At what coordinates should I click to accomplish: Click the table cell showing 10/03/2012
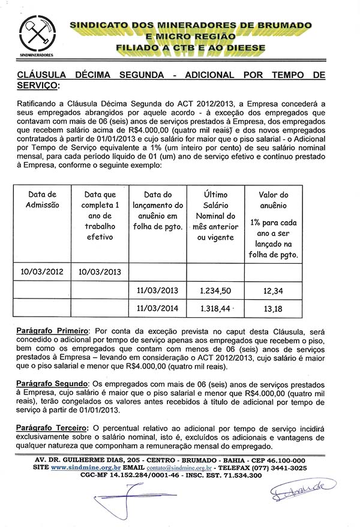(43, 271)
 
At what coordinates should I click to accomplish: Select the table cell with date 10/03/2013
(100, 271)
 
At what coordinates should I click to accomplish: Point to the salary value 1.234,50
(215, 290)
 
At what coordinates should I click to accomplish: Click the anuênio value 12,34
(273, 290)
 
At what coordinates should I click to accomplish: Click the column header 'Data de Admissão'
(43, 200)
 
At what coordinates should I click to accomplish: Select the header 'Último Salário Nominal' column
(215, 216)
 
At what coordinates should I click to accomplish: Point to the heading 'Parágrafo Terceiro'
(53, 427)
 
